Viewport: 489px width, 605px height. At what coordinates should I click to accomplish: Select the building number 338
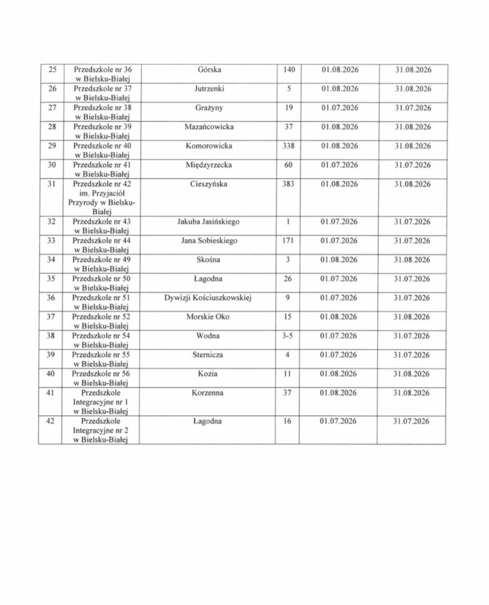[288, 145]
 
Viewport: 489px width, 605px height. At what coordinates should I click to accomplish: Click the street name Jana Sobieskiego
[209, 240]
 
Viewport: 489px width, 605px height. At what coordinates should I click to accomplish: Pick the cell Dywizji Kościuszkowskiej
[208, 297]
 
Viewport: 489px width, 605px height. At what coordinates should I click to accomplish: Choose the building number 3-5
[288, 335]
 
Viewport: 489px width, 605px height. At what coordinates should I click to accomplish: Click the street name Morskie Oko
[209, 317]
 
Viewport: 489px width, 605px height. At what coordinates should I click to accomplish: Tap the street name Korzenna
[209, 393]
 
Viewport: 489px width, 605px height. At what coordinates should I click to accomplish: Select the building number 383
[288, 183]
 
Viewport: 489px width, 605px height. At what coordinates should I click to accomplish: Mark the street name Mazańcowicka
[209, 126]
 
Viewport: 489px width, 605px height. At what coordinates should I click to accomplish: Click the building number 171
[288, 240]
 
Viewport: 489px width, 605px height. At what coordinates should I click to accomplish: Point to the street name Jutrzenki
[209, 88]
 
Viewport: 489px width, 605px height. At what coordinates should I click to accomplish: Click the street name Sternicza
[209, 354]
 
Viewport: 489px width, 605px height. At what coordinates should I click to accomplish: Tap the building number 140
[288, 69]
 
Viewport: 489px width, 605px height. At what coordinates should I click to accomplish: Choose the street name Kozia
[209, 374]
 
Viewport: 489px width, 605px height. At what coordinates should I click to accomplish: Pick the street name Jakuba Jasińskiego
[209, 221]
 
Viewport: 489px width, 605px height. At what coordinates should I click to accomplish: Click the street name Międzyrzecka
[209, 164]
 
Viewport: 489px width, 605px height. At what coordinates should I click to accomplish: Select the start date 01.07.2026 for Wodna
[340, 335]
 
